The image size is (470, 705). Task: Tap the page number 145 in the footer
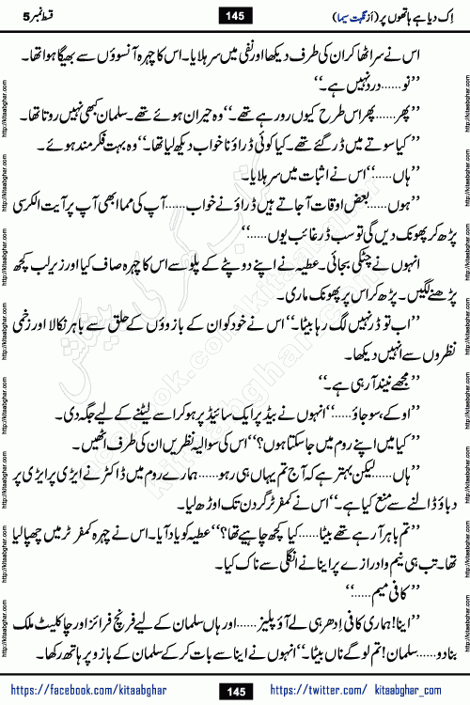pyautogui.click(x=234, y=688)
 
